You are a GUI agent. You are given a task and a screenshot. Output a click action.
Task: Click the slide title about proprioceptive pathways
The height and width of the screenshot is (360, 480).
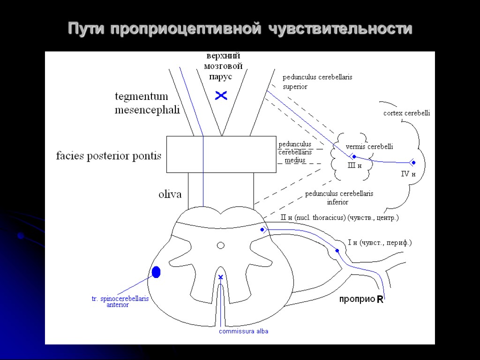click(240, 29)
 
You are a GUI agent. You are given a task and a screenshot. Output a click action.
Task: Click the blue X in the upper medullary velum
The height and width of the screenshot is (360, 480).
click(221, 96)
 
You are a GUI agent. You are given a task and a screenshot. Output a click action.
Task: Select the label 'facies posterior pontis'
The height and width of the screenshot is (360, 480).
click(108, 156)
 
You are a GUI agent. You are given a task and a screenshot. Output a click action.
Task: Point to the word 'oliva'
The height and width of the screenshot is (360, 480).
click(170, 194)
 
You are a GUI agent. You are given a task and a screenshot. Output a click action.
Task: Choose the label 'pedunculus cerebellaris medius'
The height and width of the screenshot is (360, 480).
click(295, 152)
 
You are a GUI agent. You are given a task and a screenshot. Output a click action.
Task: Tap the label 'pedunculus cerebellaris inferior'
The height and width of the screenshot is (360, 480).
click(339, 197)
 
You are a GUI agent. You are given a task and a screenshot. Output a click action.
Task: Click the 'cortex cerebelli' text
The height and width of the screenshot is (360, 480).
click(406, 113)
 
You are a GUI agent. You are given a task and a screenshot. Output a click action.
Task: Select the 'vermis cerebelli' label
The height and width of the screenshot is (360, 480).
click(369, 147)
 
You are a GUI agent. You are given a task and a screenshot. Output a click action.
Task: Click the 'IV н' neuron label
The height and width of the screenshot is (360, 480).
click(408, 174)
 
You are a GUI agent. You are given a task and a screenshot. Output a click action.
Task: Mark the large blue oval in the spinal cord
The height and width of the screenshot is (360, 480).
click(156, 271)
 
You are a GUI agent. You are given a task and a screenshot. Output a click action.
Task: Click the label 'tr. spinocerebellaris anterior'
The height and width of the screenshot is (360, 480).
click(120, 301)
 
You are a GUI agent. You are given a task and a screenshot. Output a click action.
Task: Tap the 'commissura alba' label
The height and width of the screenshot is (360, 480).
click(244, 331)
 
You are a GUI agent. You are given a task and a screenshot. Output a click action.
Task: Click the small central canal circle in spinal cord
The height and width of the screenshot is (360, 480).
click(220, 245)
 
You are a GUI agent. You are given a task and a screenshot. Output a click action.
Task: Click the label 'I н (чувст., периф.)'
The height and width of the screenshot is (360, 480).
click(380, 242)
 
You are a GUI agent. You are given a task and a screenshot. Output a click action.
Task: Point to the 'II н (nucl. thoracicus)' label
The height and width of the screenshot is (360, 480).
click(339, 217)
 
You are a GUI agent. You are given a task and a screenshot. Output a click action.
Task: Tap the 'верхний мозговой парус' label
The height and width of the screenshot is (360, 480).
click(223, 66)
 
